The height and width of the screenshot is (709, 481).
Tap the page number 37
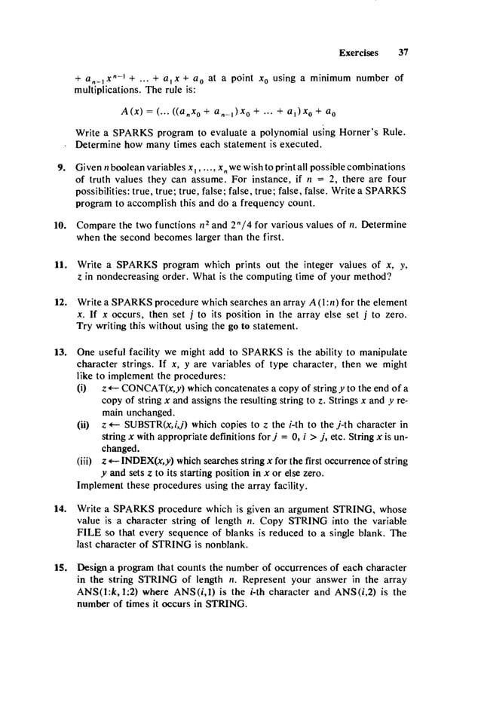pyautogui.click(x=403, y=54)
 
